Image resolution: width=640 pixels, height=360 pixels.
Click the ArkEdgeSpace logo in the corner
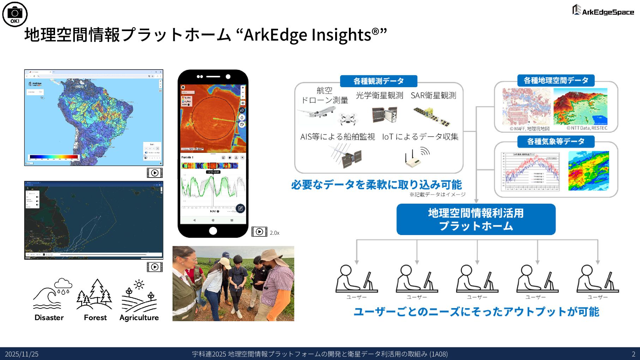coord(603,10)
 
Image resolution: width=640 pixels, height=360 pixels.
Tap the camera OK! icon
coord(15,14)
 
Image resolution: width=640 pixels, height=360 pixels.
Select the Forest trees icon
coord(95,294)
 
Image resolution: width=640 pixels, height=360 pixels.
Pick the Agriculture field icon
coord(139,296)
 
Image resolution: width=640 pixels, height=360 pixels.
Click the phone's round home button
coord(213,231)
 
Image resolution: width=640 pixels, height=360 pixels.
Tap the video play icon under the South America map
coord(155,173)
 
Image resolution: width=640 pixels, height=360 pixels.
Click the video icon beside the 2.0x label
coord(259,232)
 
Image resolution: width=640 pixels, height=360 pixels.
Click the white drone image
coord(348,119)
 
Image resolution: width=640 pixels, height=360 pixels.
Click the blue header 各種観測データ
coord(379,81)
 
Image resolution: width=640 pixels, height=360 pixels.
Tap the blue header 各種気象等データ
coord(556,142)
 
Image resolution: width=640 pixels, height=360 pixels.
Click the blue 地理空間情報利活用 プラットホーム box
coord(476,219)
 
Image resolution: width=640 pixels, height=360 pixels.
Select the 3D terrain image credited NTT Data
coord(580,107)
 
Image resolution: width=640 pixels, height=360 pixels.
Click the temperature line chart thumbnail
coord(530,172)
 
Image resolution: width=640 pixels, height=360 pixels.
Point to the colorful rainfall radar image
coord(588,171)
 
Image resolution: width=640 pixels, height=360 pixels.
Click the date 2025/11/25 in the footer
coord(22,354)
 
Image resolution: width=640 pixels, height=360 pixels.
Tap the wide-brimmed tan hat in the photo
coord(271,256)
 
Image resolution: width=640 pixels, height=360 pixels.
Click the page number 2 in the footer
coord(633,354)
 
